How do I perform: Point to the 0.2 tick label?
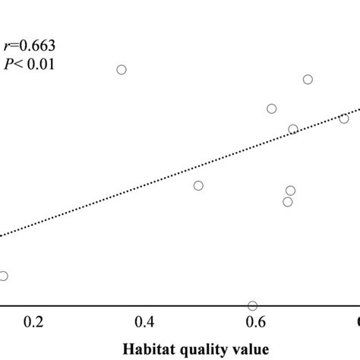(33, 323)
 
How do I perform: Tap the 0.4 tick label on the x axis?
(144, 323)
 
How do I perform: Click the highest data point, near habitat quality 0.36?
(121, 70)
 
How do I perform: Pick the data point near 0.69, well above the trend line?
(308, 80)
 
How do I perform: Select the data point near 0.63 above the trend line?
(271, 109)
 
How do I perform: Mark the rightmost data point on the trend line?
(344, 118)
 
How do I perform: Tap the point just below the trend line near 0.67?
(293, 129)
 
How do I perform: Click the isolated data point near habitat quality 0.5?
(198, 185)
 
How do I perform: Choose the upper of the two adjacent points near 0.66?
(290, 191)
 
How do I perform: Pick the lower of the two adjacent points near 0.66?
(287, 201)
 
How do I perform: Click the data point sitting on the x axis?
(252, 306)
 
